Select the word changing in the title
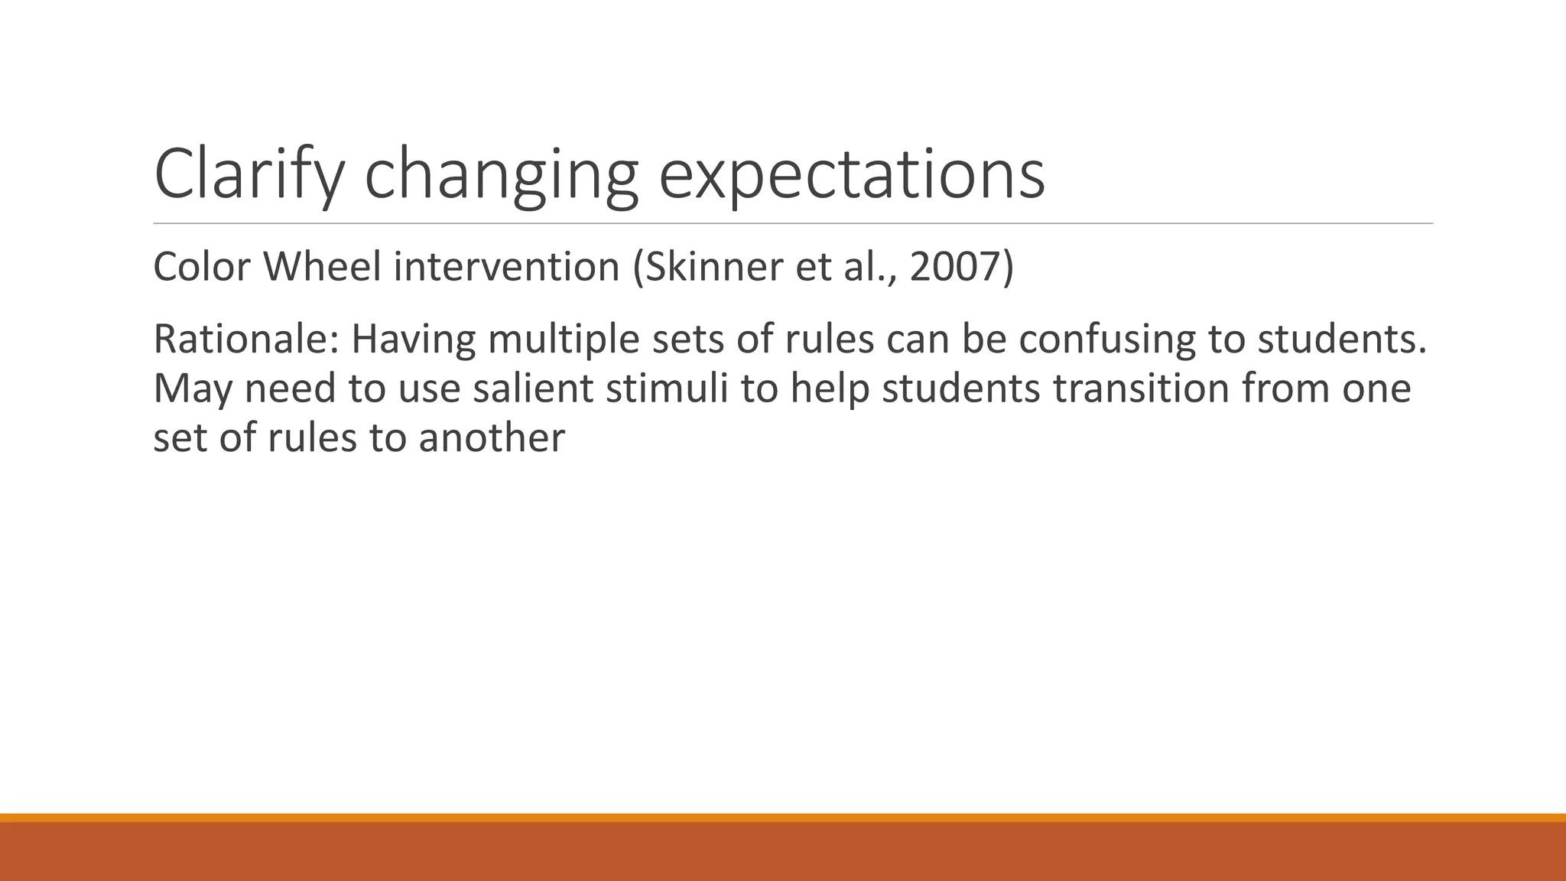pyautogui.click(x=501, y=176)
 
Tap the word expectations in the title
pyautogui.click(x=851, y=176)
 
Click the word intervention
pyautogui.click(x=506, y=267)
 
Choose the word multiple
pyautogui.click(x=564, y=339)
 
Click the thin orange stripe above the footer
pyautogui.click(x=783, y=818)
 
